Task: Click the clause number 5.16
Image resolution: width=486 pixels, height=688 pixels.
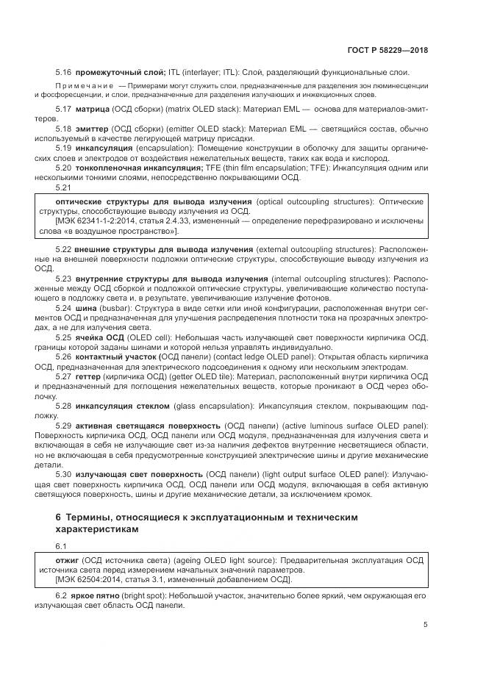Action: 63,71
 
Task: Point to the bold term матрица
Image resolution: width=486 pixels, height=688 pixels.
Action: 92,110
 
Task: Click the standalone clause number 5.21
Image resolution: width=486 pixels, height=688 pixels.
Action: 63,187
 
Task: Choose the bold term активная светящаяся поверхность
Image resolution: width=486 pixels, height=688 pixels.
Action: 136,426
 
